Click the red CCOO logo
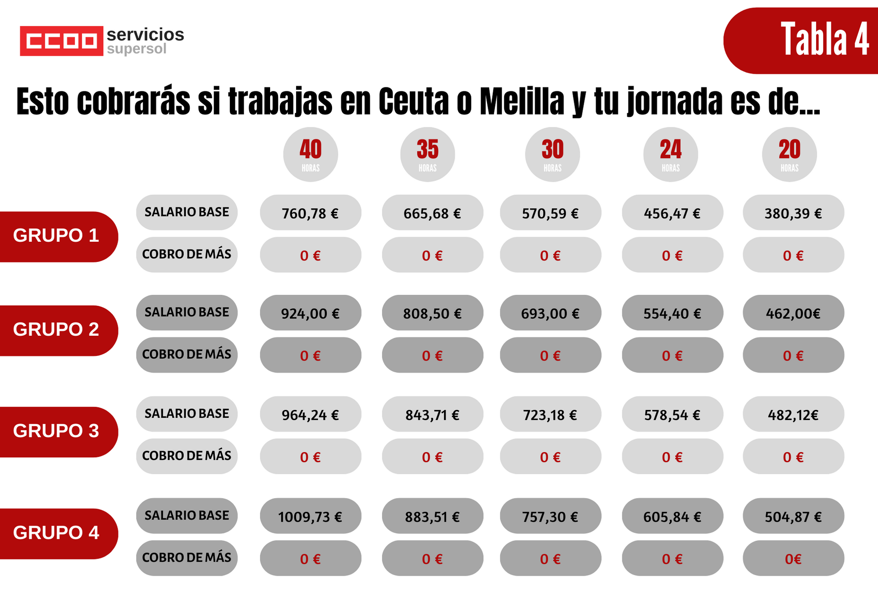(x=61, y=41)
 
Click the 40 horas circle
(x=311, y=154)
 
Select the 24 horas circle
(x=670, y=154)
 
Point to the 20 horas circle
(x=789, y=154)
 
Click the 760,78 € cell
(x=311, y=213)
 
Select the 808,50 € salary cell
(x=432, y=313)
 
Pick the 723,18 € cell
(x=550, y=414)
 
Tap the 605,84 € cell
(x=672, y=516)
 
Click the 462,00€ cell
(x=793, y=313)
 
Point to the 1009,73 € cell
(x=311, y=516)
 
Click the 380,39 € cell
(x=793, y=213)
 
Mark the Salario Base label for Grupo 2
(x=187, y=312)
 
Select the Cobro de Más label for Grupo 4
(x=187, y=558)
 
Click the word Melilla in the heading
(x=522, y=102)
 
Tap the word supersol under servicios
(x=137, y=49)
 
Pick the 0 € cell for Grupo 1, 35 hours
(x=432, y=255)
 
